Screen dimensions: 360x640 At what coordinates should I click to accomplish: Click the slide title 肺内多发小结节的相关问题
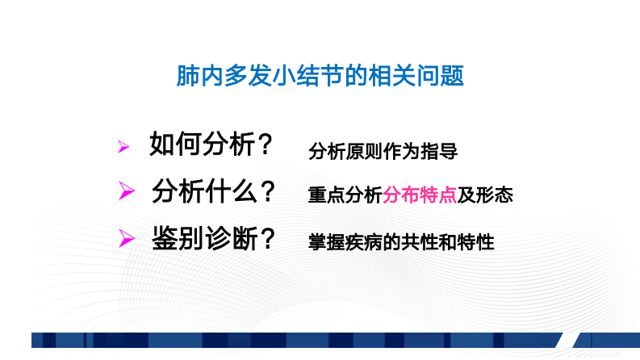[x=320, y=77]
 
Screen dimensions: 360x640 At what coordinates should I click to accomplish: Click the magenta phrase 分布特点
[x=420, y=195]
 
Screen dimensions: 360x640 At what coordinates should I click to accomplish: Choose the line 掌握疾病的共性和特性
[x=401, y=241]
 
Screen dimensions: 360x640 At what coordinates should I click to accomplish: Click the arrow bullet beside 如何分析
[x=123, y=147]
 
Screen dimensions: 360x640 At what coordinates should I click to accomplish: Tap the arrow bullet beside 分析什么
[x=125, y=192]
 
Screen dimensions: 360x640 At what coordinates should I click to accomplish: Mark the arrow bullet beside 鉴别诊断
[x=125, y=238]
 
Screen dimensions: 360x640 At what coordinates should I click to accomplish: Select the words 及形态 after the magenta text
[x=485, y=195]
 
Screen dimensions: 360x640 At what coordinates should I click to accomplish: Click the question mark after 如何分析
[x=263, y=146]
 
